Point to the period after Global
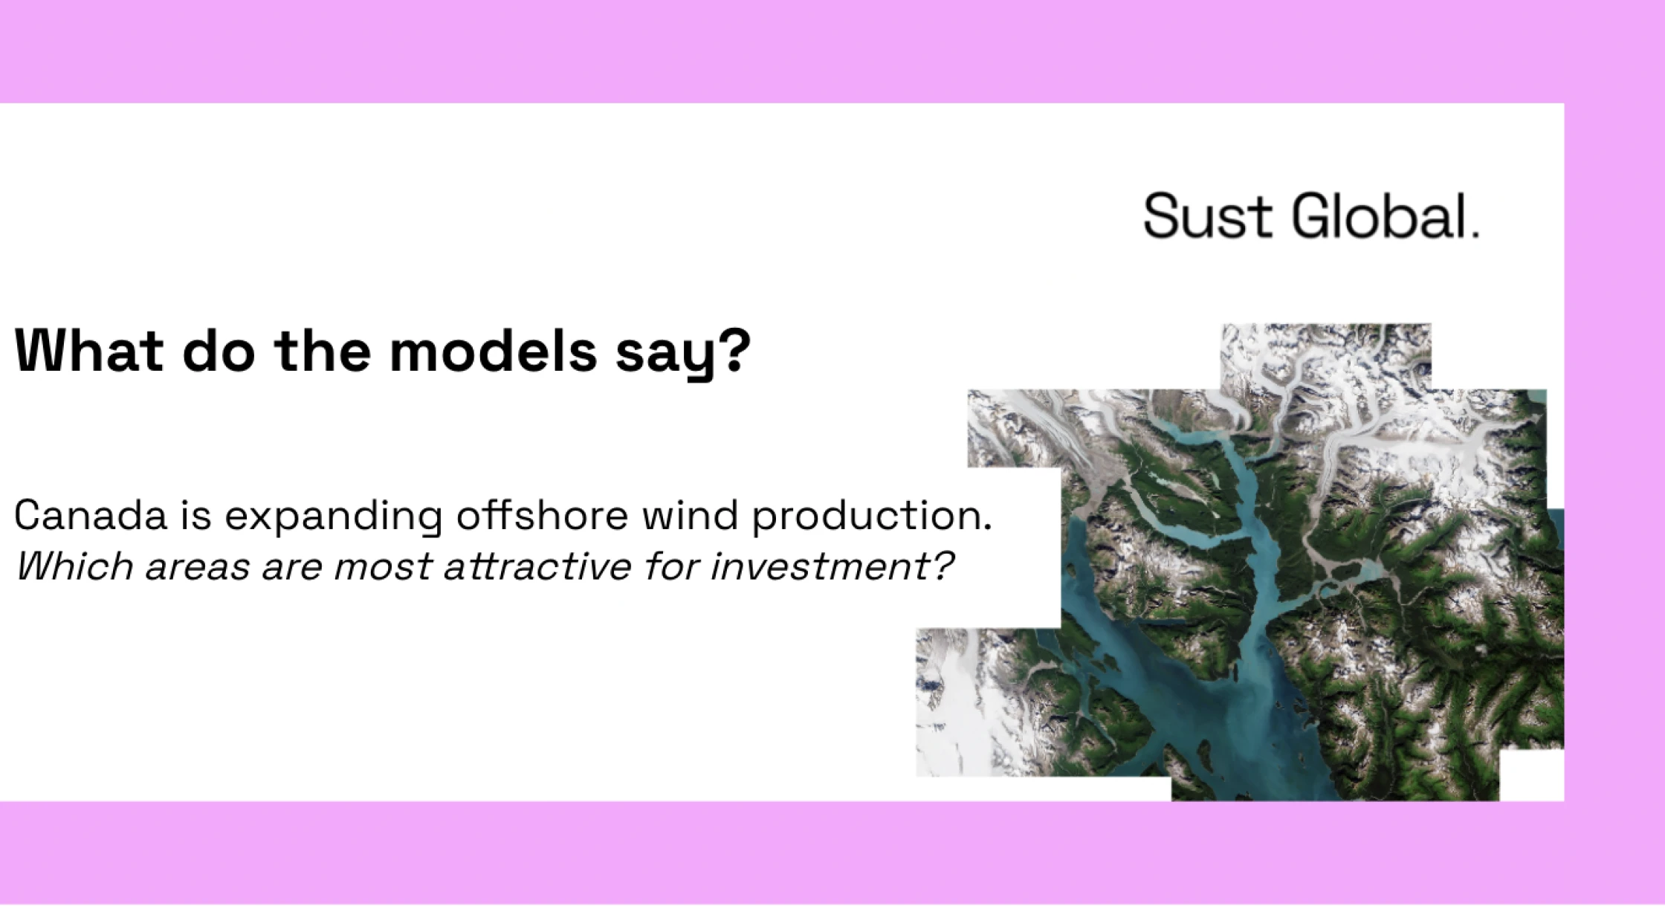point(1476,234)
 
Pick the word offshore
point(542,515)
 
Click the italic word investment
point(813,566)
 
